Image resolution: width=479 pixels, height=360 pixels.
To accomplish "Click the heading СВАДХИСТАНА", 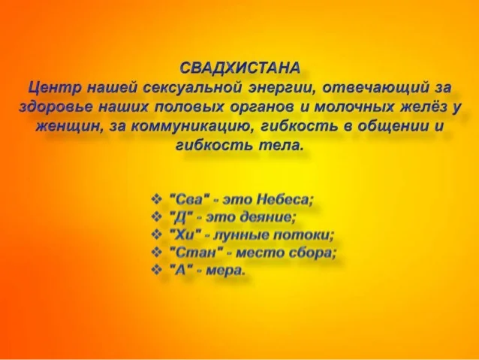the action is pos(239,68).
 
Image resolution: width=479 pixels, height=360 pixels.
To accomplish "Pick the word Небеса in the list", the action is pos(285,200).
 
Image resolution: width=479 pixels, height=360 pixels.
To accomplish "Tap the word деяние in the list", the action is pos(268,217).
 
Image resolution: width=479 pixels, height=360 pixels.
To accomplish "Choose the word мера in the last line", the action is pos(225,271).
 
